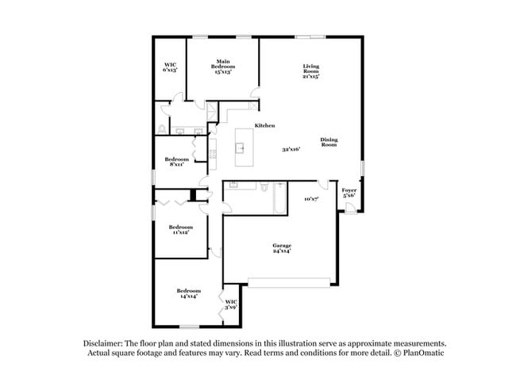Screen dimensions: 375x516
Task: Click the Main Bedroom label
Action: [224, 67]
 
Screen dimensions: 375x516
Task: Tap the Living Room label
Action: [310, 71]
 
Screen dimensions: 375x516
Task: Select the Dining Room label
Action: [329, 143]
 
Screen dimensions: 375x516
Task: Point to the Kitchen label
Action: [264, 126]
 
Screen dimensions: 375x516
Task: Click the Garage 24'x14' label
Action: [283, 248]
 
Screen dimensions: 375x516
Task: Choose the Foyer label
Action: [348, 193]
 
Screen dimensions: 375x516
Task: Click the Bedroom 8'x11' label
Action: [176, 161]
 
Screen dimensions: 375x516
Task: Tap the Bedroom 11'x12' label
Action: [179, 229]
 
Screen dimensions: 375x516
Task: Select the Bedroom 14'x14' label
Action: [188, 293]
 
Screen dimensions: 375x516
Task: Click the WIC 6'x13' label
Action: [170, 67]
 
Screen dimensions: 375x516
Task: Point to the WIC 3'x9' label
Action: [231, 304]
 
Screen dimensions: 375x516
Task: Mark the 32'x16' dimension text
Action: [291, 149]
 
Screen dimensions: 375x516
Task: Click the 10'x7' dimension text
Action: [311, 199]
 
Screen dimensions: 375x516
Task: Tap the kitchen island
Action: [244, 146]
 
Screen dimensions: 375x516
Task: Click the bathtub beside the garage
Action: [279, 198]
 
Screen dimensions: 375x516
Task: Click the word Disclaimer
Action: [106, 343]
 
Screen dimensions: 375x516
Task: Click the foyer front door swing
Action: [350, 208]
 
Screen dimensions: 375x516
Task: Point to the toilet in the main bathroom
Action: [162, 128]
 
